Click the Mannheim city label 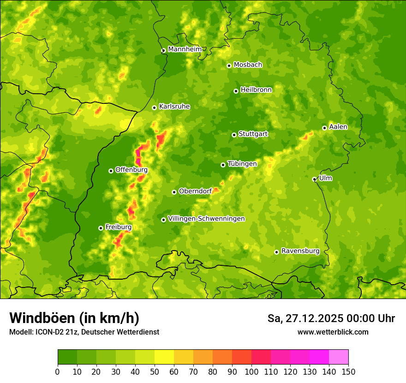[185, 49]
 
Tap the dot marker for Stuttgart [234, 135]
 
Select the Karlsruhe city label [174, 107]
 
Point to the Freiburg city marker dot [101, 228]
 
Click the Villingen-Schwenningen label [206, 219]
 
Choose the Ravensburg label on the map [300, 251]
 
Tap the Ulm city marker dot [314, 180]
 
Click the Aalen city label [338, 127]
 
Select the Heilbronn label [256, 90]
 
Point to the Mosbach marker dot [229, 66]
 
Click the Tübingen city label [242, 164]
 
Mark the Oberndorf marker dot [174, 192]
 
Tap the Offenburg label [131, 170]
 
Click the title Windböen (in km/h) [74, 318]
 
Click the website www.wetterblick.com [333, 332]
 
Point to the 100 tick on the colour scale [251, 371]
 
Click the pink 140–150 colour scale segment [339, 357]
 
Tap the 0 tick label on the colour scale [58, 371]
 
